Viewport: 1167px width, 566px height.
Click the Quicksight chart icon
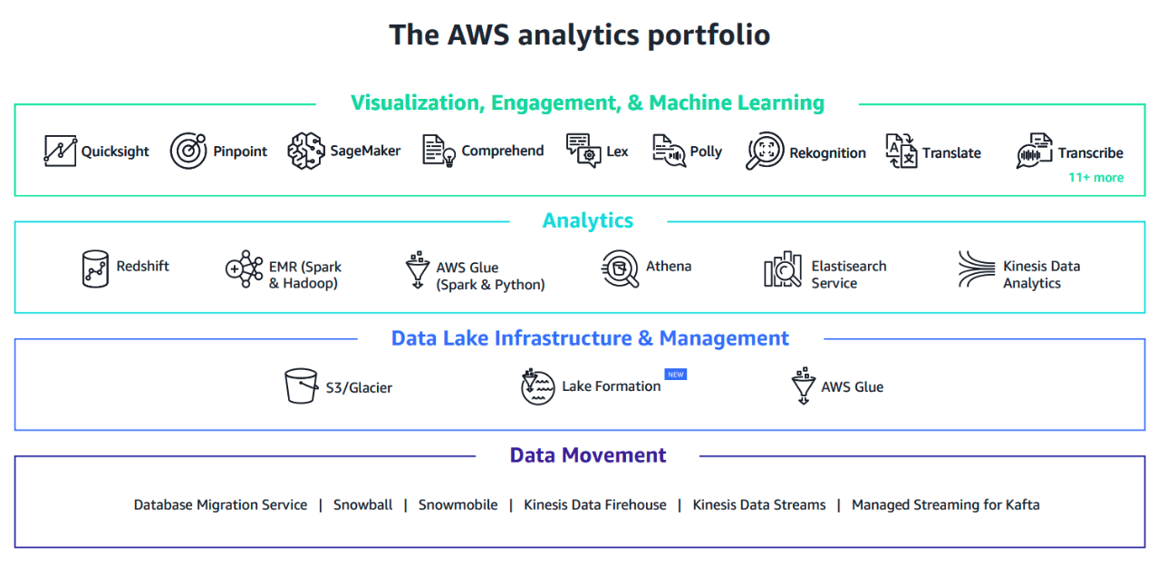(60, 151)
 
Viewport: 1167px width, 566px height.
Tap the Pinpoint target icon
(188, 151)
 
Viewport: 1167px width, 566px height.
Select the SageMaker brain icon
(305, 151)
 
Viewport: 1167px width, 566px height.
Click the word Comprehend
(502, 151)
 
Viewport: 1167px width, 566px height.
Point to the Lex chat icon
(583, 151)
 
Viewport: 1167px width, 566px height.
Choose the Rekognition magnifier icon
(765, 151)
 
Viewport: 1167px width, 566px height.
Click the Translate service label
(951, 152)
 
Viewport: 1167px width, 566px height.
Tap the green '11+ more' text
(1095, 177)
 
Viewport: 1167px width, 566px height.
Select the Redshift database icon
(95, 268)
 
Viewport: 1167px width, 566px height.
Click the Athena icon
(620, 268)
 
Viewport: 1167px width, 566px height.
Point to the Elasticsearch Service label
(848, 274)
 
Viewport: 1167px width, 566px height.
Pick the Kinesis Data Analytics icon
(977, 270)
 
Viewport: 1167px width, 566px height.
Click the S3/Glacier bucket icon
(301, 386)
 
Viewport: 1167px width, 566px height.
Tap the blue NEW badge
(675, 374)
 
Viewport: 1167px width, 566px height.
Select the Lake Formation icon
(537, 386)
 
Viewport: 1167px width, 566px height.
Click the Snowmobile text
(458, 504)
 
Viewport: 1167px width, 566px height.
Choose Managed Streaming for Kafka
(945, 504)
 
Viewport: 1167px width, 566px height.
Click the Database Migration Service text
(220, 504)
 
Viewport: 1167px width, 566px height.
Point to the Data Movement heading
(587, 455)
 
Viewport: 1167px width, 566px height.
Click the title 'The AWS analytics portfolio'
(580, 34)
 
